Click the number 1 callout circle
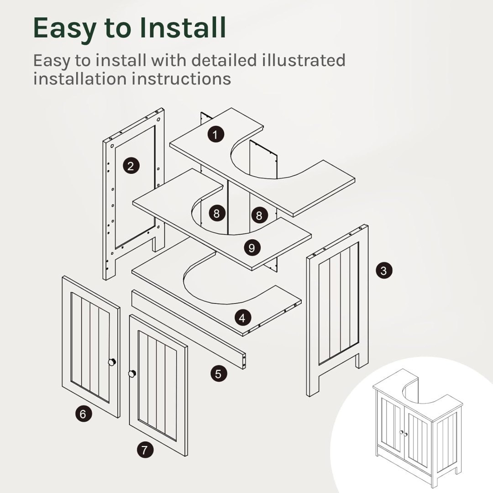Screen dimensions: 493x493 [215, 134]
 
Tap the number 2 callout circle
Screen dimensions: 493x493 [131, 166]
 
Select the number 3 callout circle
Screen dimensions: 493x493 [384, 270]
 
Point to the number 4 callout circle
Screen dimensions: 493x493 [242, 318]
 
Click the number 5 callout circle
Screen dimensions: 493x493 [219, 374]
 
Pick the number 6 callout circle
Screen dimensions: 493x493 [84, 414]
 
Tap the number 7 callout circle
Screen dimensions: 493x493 [145, 450]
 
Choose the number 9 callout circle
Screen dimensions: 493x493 [252, 248]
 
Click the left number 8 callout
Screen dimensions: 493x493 [217, 214]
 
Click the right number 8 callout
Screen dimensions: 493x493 [259, 215]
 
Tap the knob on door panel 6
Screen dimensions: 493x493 [112, 362]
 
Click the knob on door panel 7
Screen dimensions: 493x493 [132, 373]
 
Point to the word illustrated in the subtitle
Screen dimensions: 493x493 [304, 60]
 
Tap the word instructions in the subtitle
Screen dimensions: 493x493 [181, 79]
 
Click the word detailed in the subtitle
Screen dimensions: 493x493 [224, 60]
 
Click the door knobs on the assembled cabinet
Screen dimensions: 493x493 [404, 433]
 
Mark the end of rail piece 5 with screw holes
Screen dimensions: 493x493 [244, 361]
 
